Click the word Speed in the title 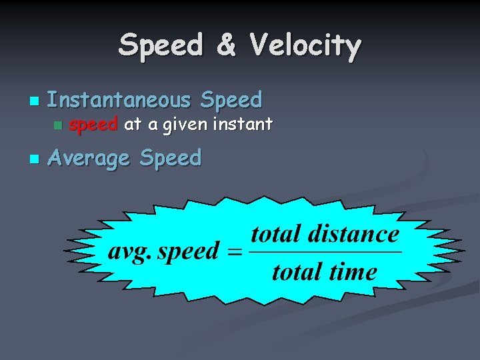[x=160, y=46]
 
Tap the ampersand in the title [x=226, y=46]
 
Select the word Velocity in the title [x=305, y=46]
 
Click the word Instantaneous [x=119, y=100]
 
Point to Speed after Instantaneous [x=231, y=100]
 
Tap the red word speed [x=93, y=124]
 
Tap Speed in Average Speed [x=170, y=159]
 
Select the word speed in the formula [x=188, y=252]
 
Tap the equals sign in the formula [x=233, y=253]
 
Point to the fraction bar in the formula [x=325, y=253]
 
